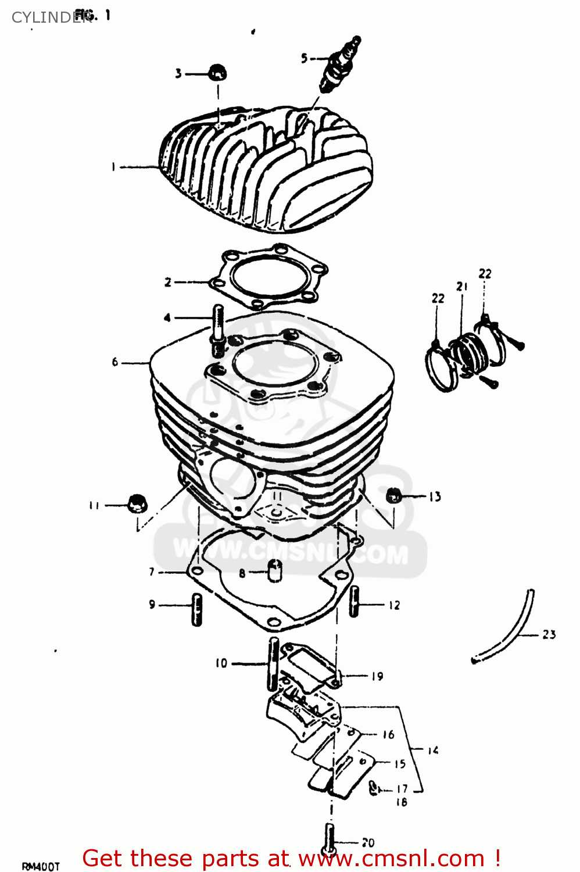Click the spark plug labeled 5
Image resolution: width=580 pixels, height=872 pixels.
click(339, 65)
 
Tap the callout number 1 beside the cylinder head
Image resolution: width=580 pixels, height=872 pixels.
click(113, 167)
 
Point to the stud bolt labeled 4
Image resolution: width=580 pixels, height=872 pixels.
click(219, 329)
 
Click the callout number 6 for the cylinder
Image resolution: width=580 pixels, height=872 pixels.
click(115, 362)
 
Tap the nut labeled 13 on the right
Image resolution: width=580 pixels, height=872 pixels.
click(393, 496)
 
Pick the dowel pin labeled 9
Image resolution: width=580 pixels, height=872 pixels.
click(197, 609)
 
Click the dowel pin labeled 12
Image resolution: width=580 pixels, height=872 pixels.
click(354, 602)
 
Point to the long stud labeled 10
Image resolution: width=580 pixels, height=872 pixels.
click(273, 663)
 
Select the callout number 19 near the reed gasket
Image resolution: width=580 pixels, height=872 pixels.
click(377, 676)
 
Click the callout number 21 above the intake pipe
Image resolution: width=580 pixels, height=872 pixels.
click(461, 287)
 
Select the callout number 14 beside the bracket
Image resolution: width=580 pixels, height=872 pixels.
click(433, 751)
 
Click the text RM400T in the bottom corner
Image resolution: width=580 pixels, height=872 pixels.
click(41, 866)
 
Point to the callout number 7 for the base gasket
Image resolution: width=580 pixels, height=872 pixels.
click(152, 572)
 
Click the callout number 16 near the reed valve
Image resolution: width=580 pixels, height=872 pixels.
click(388, 735)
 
